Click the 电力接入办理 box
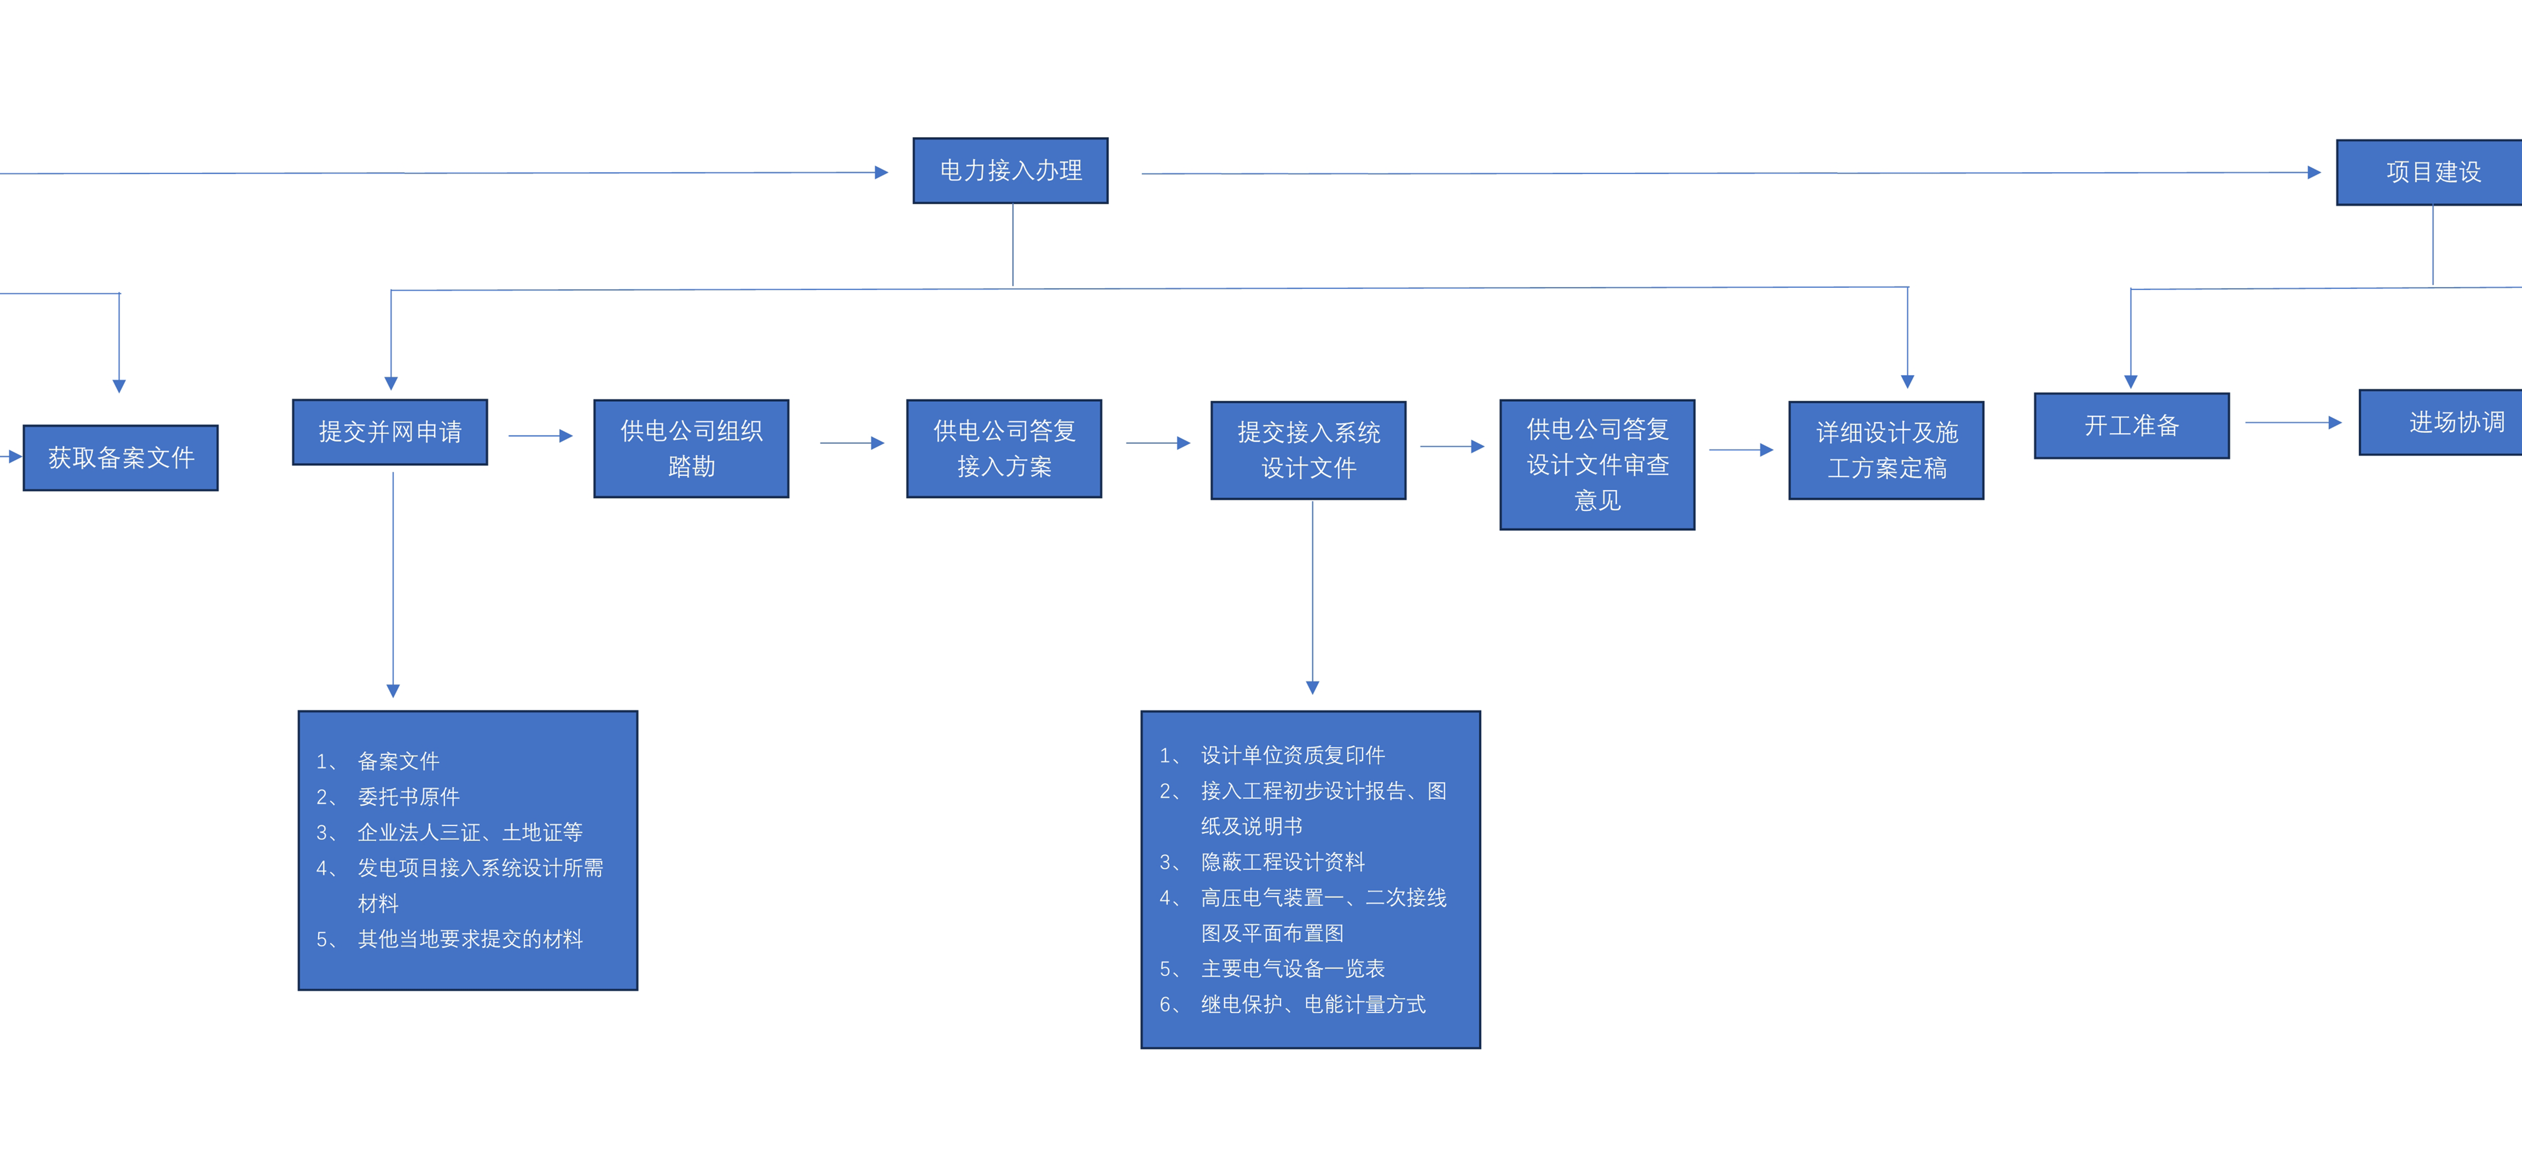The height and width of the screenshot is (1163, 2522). tap(1010, 170)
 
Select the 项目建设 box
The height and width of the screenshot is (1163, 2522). tap(2430, 172)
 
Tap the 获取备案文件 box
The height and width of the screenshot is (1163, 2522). tap(120, 457)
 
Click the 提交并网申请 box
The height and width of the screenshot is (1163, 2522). tap(390, 432)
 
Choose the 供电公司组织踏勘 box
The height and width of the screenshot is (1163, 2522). tap(691, 448)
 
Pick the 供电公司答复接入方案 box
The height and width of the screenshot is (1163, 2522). tap(1004, 448)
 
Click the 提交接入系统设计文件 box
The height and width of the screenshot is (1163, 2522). tap(1308, 450)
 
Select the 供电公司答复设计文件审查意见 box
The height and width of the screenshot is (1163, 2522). tap(1597, 464)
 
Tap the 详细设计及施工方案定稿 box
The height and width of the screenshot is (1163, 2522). tap(1886, 450)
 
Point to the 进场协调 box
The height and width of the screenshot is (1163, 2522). tap(2441, 422)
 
